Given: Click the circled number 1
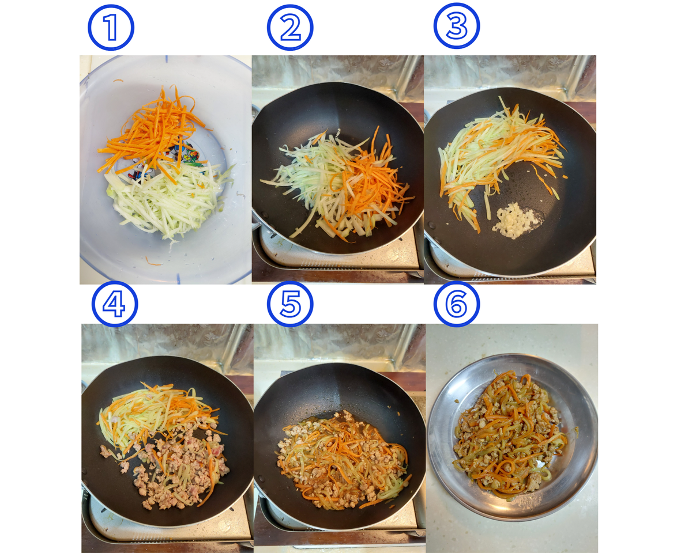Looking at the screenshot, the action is click(111, 27).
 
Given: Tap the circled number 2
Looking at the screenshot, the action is click(290, 27).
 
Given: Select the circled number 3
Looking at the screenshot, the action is click(457, 26).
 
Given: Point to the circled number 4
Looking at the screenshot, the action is click(115, 304).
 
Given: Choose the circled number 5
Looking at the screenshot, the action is click(290, 304).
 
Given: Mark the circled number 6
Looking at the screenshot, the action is click(457, 304).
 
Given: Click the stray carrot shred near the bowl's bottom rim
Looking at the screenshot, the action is click(153, 262).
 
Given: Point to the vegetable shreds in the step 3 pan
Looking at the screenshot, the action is click(498, 154).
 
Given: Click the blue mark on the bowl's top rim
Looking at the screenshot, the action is click(166, 59).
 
